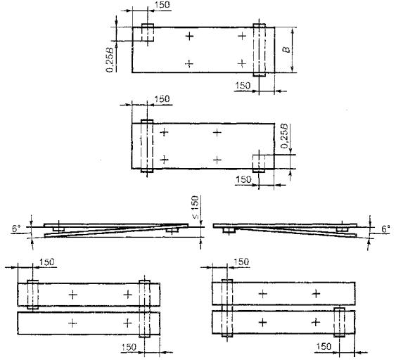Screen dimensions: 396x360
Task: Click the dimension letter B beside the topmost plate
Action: coord(287,49)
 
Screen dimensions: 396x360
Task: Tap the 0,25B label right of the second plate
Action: coord(284,136)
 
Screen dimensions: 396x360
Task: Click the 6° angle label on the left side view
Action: coord(16,229)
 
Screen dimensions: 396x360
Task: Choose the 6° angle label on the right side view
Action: coord(385,229)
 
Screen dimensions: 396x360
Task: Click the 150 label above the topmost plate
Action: coord(162,4)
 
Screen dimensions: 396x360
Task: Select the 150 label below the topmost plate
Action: coord(243,86)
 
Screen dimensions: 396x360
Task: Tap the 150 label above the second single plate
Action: coord(162,98)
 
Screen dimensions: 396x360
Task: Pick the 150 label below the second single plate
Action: coord(243,179)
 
